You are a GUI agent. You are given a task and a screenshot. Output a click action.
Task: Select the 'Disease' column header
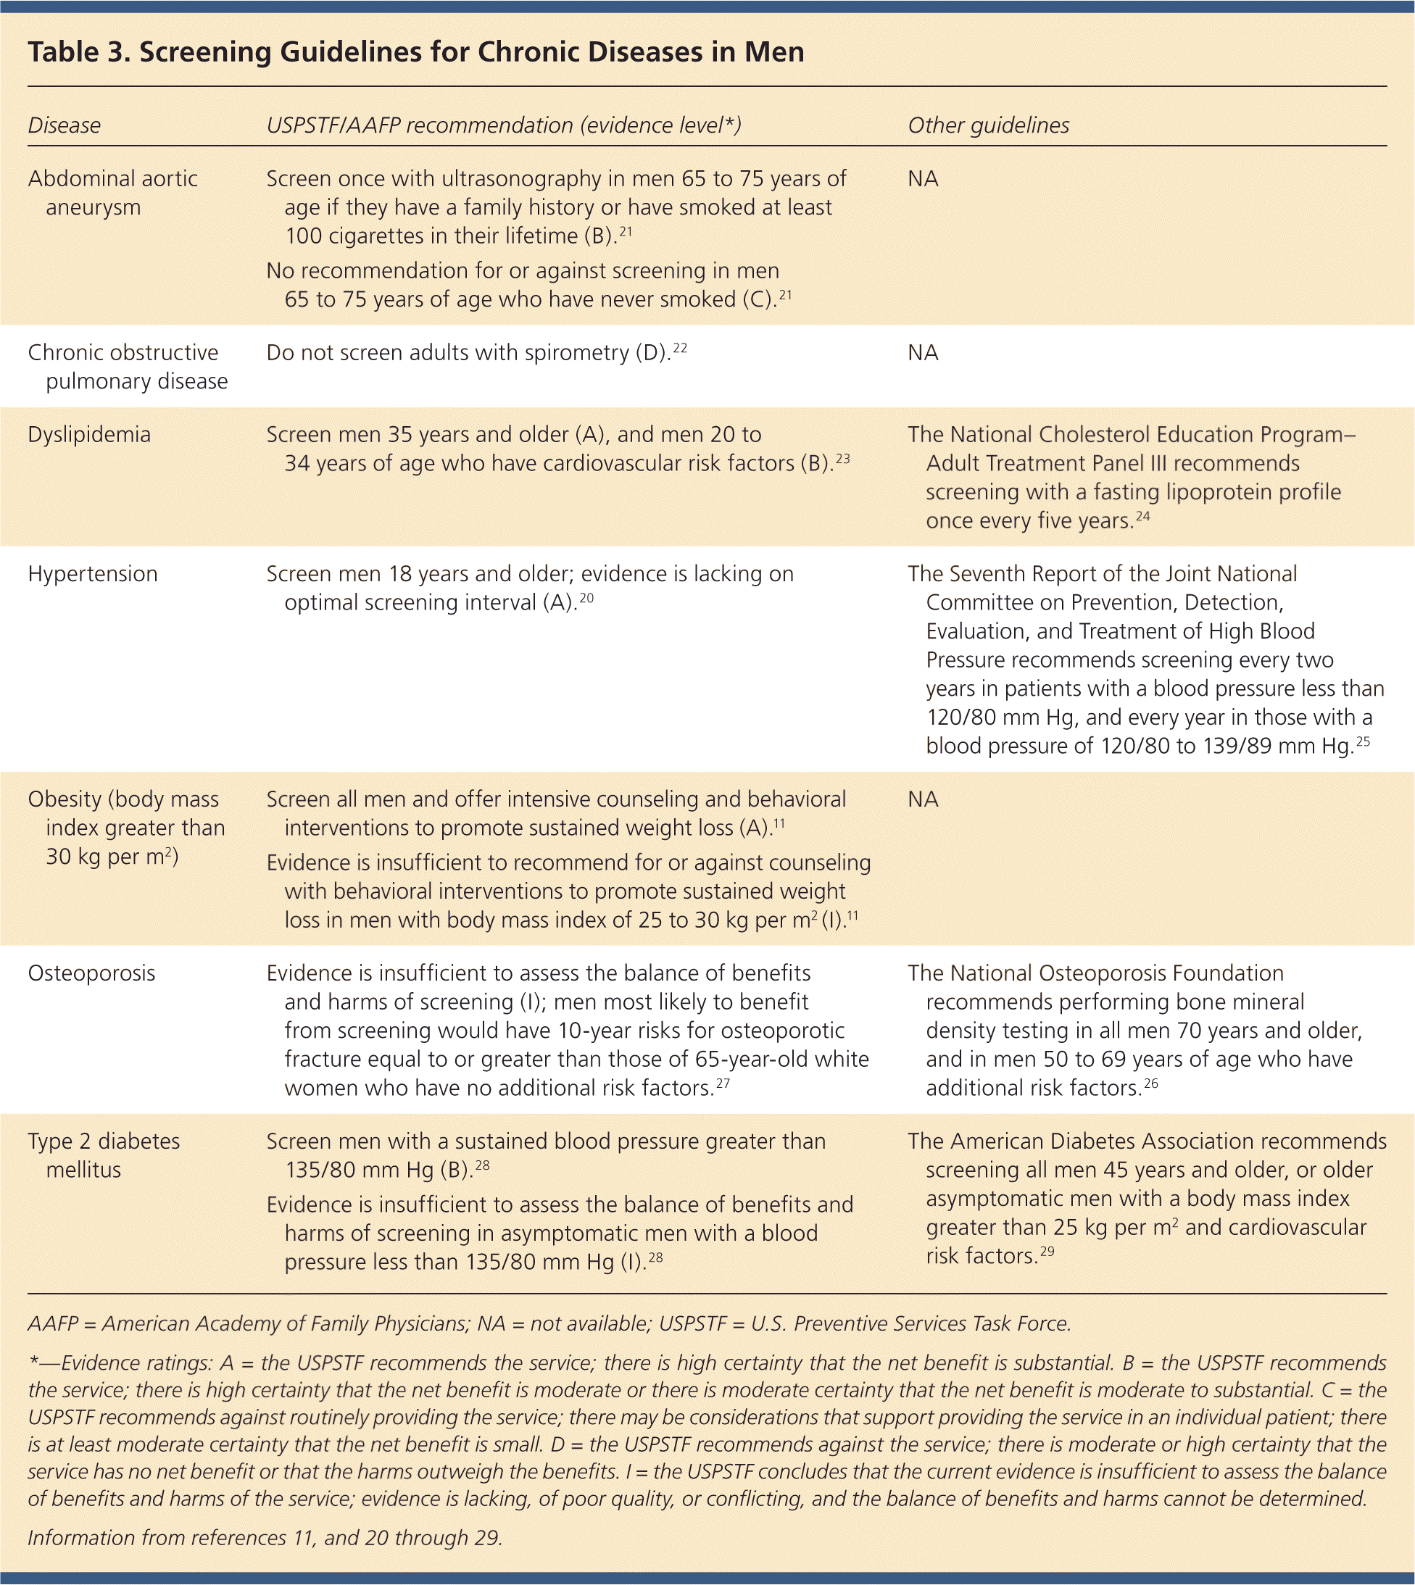[64, 125]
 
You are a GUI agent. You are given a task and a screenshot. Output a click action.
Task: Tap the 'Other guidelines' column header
[988, 125]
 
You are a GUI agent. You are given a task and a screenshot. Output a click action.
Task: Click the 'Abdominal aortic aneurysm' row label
[113, 193]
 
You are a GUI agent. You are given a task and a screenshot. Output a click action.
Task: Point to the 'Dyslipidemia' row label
[89, 434]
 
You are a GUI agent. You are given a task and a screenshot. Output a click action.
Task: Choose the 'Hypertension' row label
[93, 574]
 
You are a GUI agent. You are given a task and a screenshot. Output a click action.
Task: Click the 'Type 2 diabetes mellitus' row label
[104, 1155]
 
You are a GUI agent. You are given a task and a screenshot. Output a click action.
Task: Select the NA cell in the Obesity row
[923, 799]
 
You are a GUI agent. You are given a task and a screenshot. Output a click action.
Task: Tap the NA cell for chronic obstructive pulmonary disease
[923, 352]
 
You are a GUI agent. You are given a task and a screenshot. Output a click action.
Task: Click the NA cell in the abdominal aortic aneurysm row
[923, 179]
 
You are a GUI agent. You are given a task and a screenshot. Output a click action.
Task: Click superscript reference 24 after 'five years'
[1142, 516]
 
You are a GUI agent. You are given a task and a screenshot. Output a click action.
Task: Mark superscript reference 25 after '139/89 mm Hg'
[1363, 741]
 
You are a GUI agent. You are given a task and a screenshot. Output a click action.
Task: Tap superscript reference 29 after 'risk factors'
[1047, 1252]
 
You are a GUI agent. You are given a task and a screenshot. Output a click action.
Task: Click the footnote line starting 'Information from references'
[265, 1538]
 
